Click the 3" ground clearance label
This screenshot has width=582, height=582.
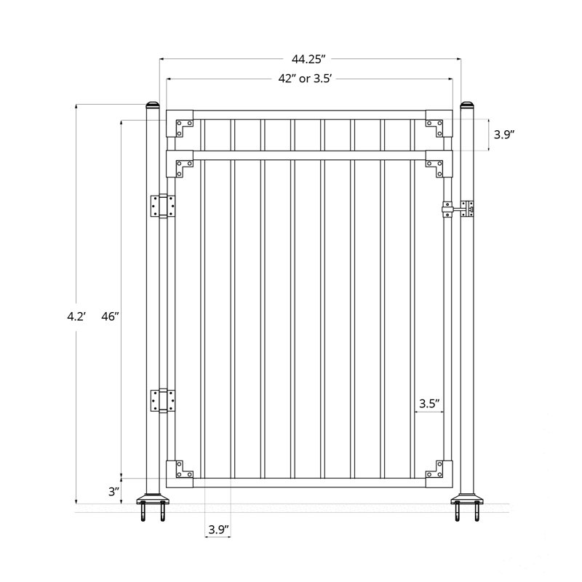click(x=113, y=491)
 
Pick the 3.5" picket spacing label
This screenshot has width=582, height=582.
click(x=429, y=402)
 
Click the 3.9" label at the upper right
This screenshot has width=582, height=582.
click(x=505, y=134)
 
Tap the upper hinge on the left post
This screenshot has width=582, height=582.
click(x=162, y=207)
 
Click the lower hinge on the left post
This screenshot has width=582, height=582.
click(x=162, y=400)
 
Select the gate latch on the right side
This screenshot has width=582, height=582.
click(x=458, y=210)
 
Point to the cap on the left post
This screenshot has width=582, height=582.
click(x=153, y=106)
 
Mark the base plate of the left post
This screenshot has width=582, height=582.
click(x=153, y=501)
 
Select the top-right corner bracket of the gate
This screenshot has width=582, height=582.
click(x=437, y=124)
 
